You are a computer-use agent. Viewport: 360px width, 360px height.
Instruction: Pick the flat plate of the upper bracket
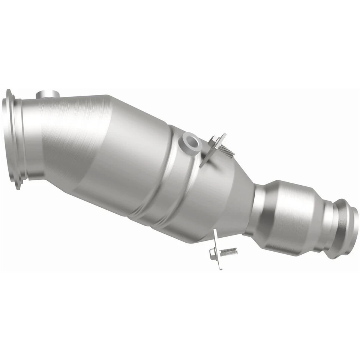(212, 150)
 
